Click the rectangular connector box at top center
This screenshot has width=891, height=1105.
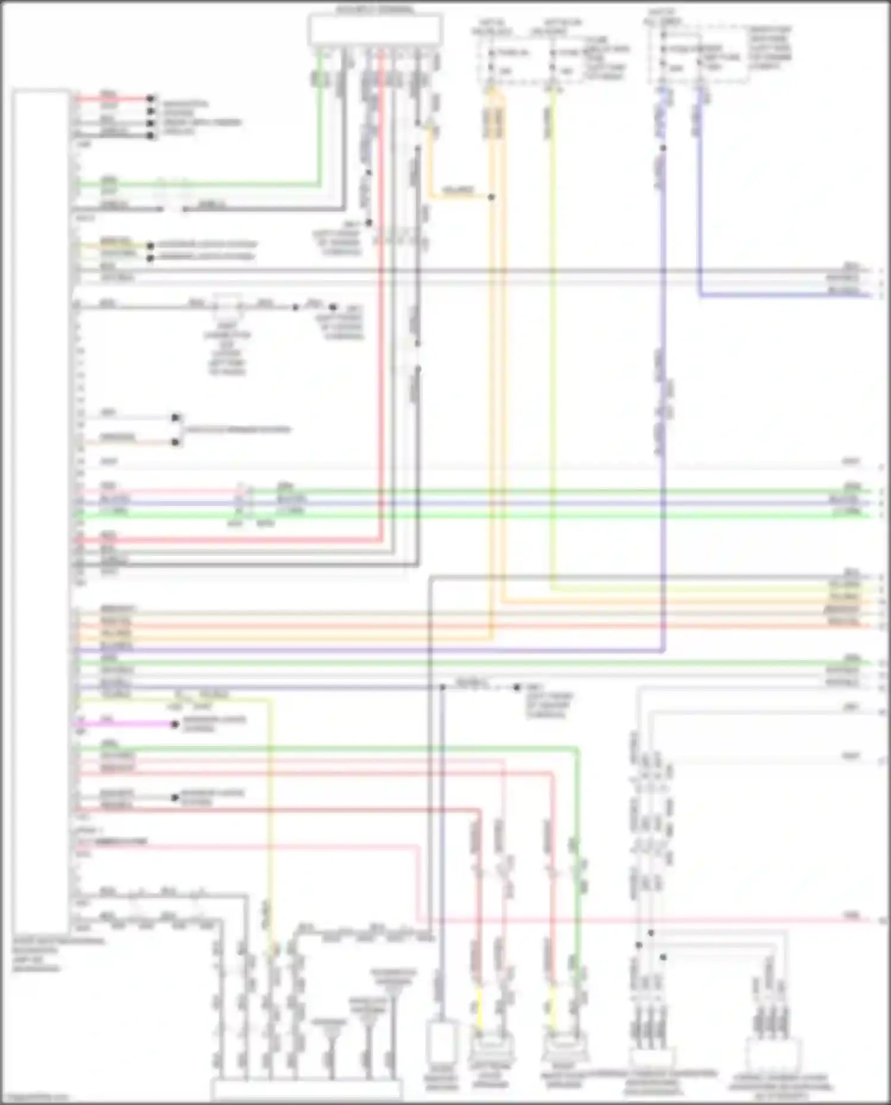point(375,30)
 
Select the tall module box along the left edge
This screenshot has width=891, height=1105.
point(41,511)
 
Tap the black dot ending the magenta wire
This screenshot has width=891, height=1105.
point(175,724)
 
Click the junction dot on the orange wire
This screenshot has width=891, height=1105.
point(491,197)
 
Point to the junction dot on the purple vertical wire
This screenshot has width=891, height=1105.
point(663,148)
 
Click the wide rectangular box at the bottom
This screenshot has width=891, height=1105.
point(307,1090)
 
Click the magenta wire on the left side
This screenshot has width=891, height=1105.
point(125,724)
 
